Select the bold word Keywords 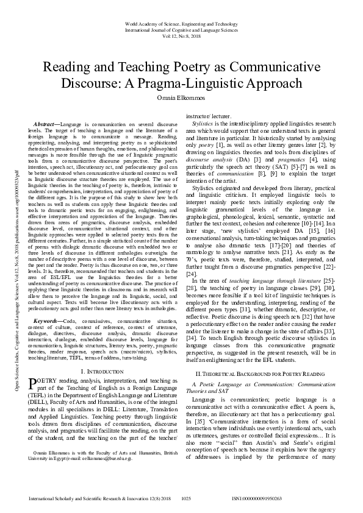[x=45, y=319]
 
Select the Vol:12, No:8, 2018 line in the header [x=181, y=35]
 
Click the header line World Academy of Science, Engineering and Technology [x=181, y=24]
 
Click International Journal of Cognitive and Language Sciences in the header [x=181, y=29]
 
